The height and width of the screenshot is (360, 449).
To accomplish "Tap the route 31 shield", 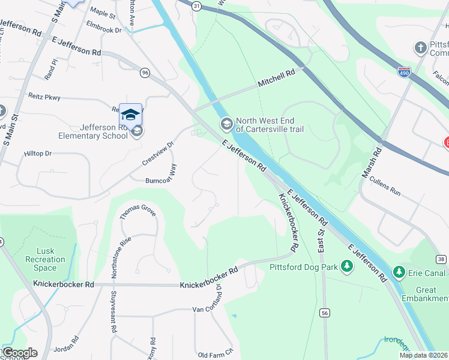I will [196, 5].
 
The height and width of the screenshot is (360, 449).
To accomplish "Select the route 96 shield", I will [145, 72].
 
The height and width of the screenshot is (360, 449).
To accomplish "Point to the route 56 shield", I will [325, 313].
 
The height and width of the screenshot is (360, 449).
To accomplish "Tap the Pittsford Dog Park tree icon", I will [346, 265].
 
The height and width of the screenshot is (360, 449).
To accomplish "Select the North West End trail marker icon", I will [226, 124].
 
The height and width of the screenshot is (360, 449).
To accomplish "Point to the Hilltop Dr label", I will [38, 154].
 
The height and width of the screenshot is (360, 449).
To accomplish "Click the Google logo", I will [20, 353].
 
